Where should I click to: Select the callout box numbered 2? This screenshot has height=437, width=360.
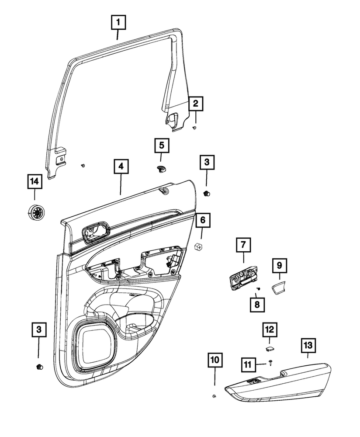pos(195,104)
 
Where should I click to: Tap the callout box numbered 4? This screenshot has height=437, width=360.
pos(121,166)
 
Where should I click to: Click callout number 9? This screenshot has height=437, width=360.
pos(279,265)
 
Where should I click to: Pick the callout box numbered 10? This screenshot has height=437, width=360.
pos(215,361)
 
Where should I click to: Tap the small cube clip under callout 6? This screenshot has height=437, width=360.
pos(199,247)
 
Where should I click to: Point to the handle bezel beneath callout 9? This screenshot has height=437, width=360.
pos(278,289)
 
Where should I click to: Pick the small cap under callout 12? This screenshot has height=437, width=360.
pos(269,348)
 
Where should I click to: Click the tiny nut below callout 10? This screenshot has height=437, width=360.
pos(215,396)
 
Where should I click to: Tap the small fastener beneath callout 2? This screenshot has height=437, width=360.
pos(195,128)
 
